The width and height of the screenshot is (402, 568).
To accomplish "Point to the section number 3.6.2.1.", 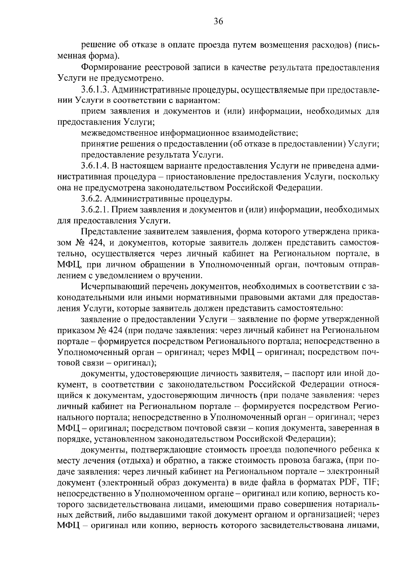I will pyautogui.click(x=95, y=210).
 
